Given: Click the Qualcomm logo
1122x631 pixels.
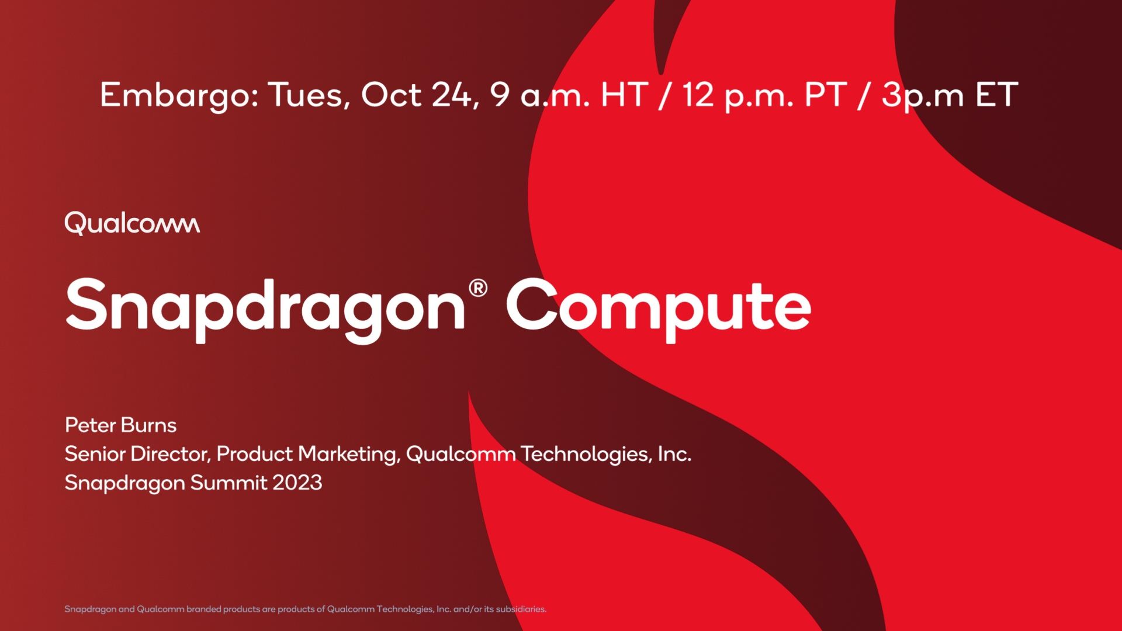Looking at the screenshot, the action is [x=132, y=223].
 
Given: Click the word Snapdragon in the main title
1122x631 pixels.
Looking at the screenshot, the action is [x=265, y=308].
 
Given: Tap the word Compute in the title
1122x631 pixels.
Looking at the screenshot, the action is [x=659, y=308].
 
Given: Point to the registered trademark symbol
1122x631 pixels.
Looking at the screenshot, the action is [x=477, y=289].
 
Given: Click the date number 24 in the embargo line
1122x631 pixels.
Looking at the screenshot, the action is [x=451, y=95].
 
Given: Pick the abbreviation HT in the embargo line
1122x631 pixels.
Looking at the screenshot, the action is [x=625, y=95].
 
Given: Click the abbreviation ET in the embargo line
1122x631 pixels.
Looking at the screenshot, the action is [x=997, y=95].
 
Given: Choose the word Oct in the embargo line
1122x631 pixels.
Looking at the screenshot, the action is [x=391, y=95].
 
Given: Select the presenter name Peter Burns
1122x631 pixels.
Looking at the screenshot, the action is [x=120, y=425].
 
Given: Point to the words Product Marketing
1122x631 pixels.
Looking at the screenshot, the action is [x=308, y=454].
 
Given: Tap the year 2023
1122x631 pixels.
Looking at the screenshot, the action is [x=297, y=483].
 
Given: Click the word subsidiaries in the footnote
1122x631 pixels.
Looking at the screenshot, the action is [x=521, y=609].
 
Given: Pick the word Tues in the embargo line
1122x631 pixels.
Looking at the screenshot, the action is [x=309, y=95].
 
